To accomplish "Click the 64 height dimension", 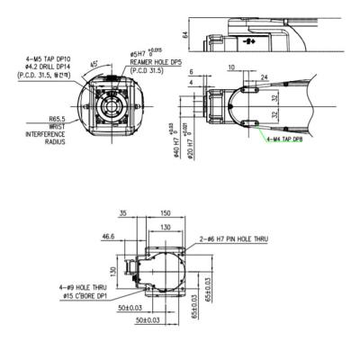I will pos(186,37).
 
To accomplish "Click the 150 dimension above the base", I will pos(165,214).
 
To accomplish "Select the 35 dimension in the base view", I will pos(122,214).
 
